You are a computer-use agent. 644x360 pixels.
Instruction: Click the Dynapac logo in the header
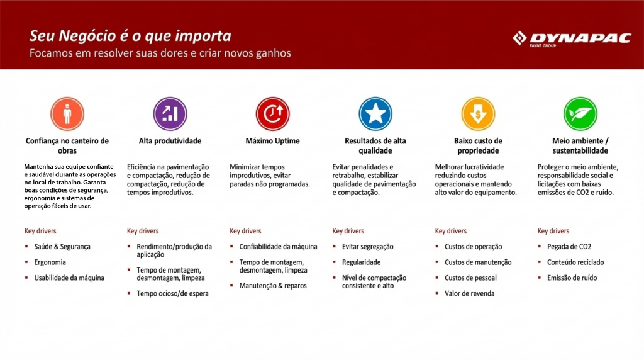click(572, 39)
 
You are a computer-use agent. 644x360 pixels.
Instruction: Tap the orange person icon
click(67, 114)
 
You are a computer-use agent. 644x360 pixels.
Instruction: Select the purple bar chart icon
click(170, 114)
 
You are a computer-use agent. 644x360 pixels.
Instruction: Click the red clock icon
click(273, 114)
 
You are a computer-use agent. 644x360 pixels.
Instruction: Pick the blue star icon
click(375, 114)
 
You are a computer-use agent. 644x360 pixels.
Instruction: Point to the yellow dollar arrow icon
click(478, 114)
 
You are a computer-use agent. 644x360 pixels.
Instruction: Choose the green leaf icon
click(580, 114)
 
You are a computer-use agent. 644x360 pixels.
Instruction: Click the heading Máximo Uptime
click(273, 141)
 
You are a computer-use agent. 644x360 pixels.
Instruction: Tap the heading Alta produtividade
click(170, 141)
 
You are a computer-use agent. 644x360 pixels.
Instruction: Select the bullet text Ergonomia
click(50, 262)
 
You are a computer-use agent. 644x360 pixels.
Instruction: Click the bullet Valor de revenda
click(469, 293)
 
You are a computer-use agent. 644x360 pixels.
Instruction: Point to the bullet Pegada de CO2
click(569, 247)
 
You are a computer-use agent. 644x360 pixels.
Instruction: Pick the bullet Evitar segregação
click(367, 247)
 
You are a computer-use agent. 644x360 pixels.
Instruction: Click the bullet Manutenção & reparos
click(273, 286)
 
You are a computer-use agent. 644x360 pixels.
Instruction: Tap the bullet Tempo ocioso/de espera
click(172, 293)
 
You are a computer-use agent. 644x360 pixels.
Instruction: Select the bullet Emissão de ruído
click(572, 278)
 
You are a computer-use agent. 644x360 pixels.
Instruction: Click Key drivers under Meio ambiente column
click(553, 231)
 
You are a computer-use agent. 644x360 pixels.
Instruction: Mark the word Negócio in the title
click(87, 36)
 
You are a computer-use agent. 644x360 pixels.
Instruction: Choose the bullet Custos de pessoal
click(470, 278)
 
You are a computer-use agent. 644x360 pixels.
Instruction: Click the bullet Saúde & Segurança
click(62, 247)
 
